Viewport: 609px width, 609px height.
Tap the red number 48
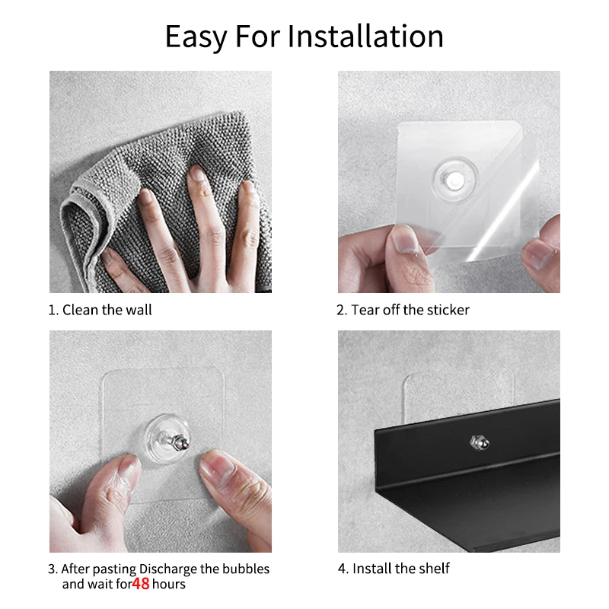(141, 585)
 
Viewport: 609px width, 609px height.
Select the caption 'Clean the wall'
(107, 310)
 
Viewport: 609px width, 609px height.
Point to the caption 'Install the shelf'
(400, 569)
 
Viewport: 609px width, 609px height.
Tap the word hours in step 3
(168, 584)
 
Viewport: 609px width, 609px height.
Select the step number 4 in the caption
(341, 569)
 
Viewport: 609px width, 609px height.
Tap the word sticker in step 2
(448, 310)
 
